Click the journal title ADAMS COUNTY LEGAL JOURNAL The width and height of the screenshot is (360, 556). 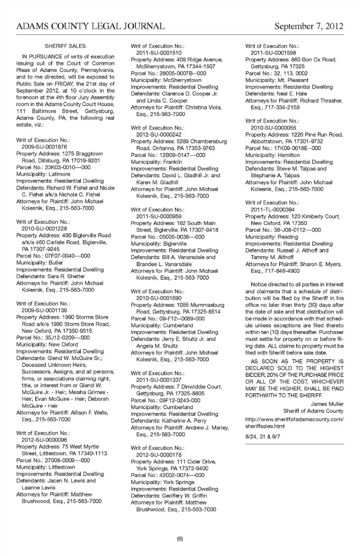pos(90,26)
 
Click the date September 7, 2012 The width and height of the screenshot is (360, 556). pos(309,26)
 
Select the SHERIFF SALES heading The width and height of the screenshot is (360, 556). pos(65,46)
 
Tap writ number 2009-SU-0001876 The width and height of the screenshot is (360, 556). pos(44,147)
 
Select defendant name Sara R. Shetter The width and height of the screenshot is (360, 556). pos(66,276)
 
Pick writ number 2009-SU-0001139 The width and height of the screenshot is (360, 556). pos(44,310)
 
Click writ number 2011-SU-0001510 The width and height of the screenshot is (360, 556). pos(159,53)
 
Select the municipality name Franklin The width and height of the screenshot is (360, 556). pos(172,162)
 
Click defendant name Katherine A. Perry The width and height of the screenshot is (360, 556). pos(184,421)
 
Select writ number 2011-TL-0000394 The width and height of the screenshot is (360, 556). pos(273,210)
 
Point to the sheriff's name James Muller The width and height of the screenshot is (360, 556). pos(327,404)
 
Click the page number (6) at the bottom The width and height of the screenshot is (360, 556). pos(180,539)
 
